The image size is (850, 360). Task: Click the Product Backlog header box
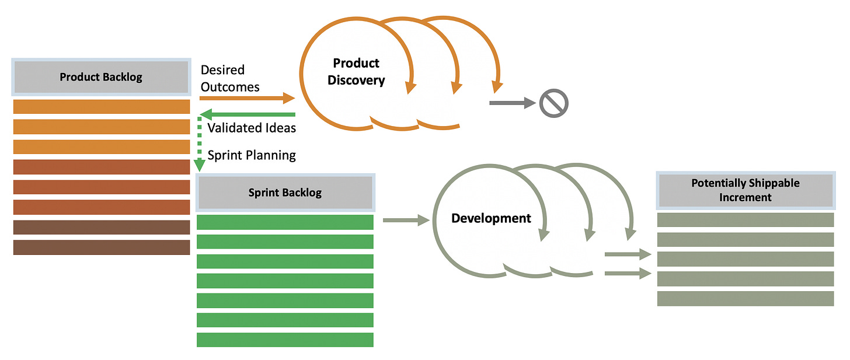102,77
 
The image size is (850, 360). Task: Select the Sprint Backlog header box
285,193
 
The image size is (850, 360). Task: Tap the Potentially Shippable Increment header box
746,190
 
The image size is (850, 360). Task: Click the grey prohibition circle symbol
553,103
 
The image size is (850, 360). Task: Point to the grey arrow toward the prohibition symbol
513,103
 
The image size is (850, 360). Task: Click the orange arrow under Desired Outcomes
247,98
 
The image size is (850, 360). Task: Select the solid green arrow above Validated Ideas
248,114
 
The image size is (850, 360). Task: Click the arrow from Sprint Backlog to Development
406,220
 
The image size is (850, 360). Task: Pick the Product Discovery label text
356,72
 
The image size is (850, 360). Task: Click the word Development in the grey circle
491,218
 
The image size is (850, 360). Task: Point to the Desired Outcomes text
230,79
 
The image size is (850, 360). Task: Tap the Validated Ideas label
252,128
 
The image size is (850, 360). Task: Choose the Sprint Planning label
252,155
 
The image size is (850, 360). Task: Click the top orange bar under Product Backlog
102,107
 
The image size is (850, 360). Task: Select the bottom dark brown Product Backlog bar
102,247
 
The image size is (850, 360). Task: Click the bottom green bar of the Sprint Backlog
285,340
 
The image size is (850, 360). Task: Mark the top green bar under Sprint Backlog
285,222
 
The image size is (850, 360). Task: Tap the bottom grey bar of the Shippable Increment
746,299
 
